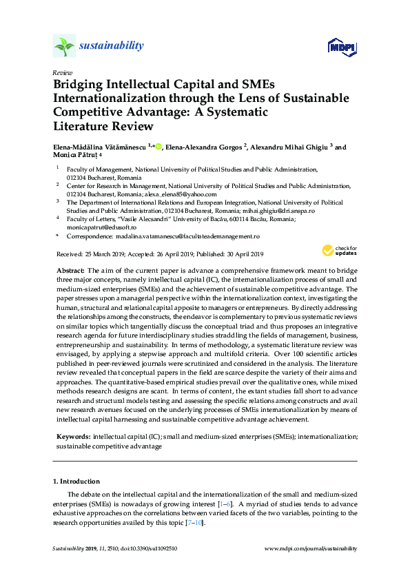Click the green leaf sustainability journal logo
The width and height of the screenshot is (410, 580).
[64, 46]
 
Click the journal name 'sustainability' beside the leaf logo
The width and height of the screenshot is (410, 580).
[111, 46]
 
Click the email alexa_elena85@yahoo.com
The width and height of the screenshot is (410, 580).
[179, 194]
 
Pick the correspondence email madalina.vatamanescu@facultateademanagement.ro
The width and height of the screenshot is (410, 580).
[183, 236]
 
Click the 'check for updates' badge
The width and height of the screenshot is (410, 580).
[338, 250]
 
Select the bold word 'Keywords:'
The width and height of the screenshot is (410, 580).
[72, 437]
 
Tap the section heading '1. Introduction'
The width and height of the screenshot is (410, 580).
[76, 481]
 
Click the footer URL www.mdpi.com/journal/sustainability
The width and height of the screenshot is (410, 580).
[311, 548]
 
